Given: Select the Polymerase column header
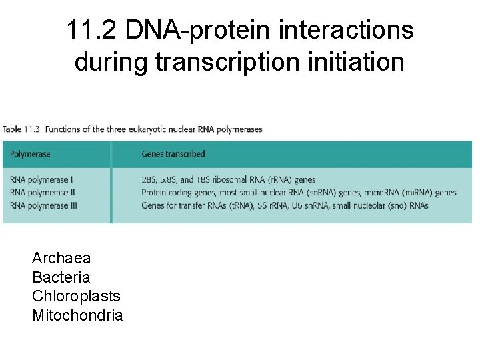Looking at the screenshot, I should coord(31,155).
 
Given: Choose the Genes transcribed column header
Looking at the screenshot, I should coord(173,155).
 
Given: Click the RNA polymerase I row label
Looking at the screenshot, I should coord(41,180).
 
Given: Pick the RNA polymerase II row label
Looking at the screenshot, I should coord(43,193).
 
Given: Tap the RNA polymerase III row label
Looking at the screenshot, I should coord(44,205).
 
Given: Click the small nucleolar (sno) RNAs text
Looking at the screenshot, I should coord(381,205).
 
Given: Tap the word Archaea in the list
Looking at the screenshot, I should coord(61,258).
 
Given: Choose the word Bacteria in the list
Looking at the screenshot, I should coord(61,277).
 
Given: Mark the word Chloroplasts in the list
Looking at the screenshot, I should coord(76,296).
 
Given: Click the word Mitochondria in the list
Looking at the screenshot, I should coord(77,315).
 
